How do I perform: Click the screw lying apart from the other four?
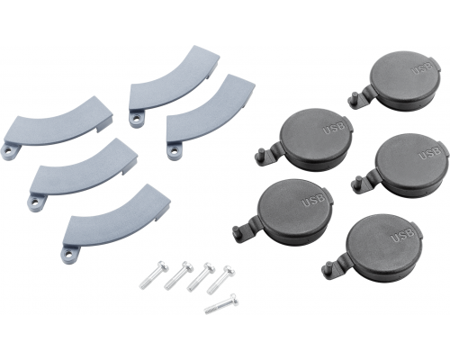pos(221,304)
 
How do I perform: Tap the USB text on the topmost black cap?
pos(422,67)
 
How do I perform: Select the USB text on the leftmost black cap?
pos(313,200)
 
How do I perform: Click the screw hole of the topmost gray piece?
pos(137,120)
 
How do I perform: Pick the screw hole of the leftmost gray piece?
pos(9,152)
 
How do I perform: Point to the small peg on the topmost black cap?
pos(354,99)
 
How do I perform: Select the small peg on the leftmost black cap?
pos(238,232)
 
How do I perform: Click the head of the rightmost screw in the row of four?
pos(229,272)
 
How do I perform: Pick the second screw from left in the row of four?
pos(179,275)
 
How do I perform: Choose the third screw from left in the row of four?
pos(202,277)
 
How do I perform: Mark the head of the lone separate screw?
pos(234,299)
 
